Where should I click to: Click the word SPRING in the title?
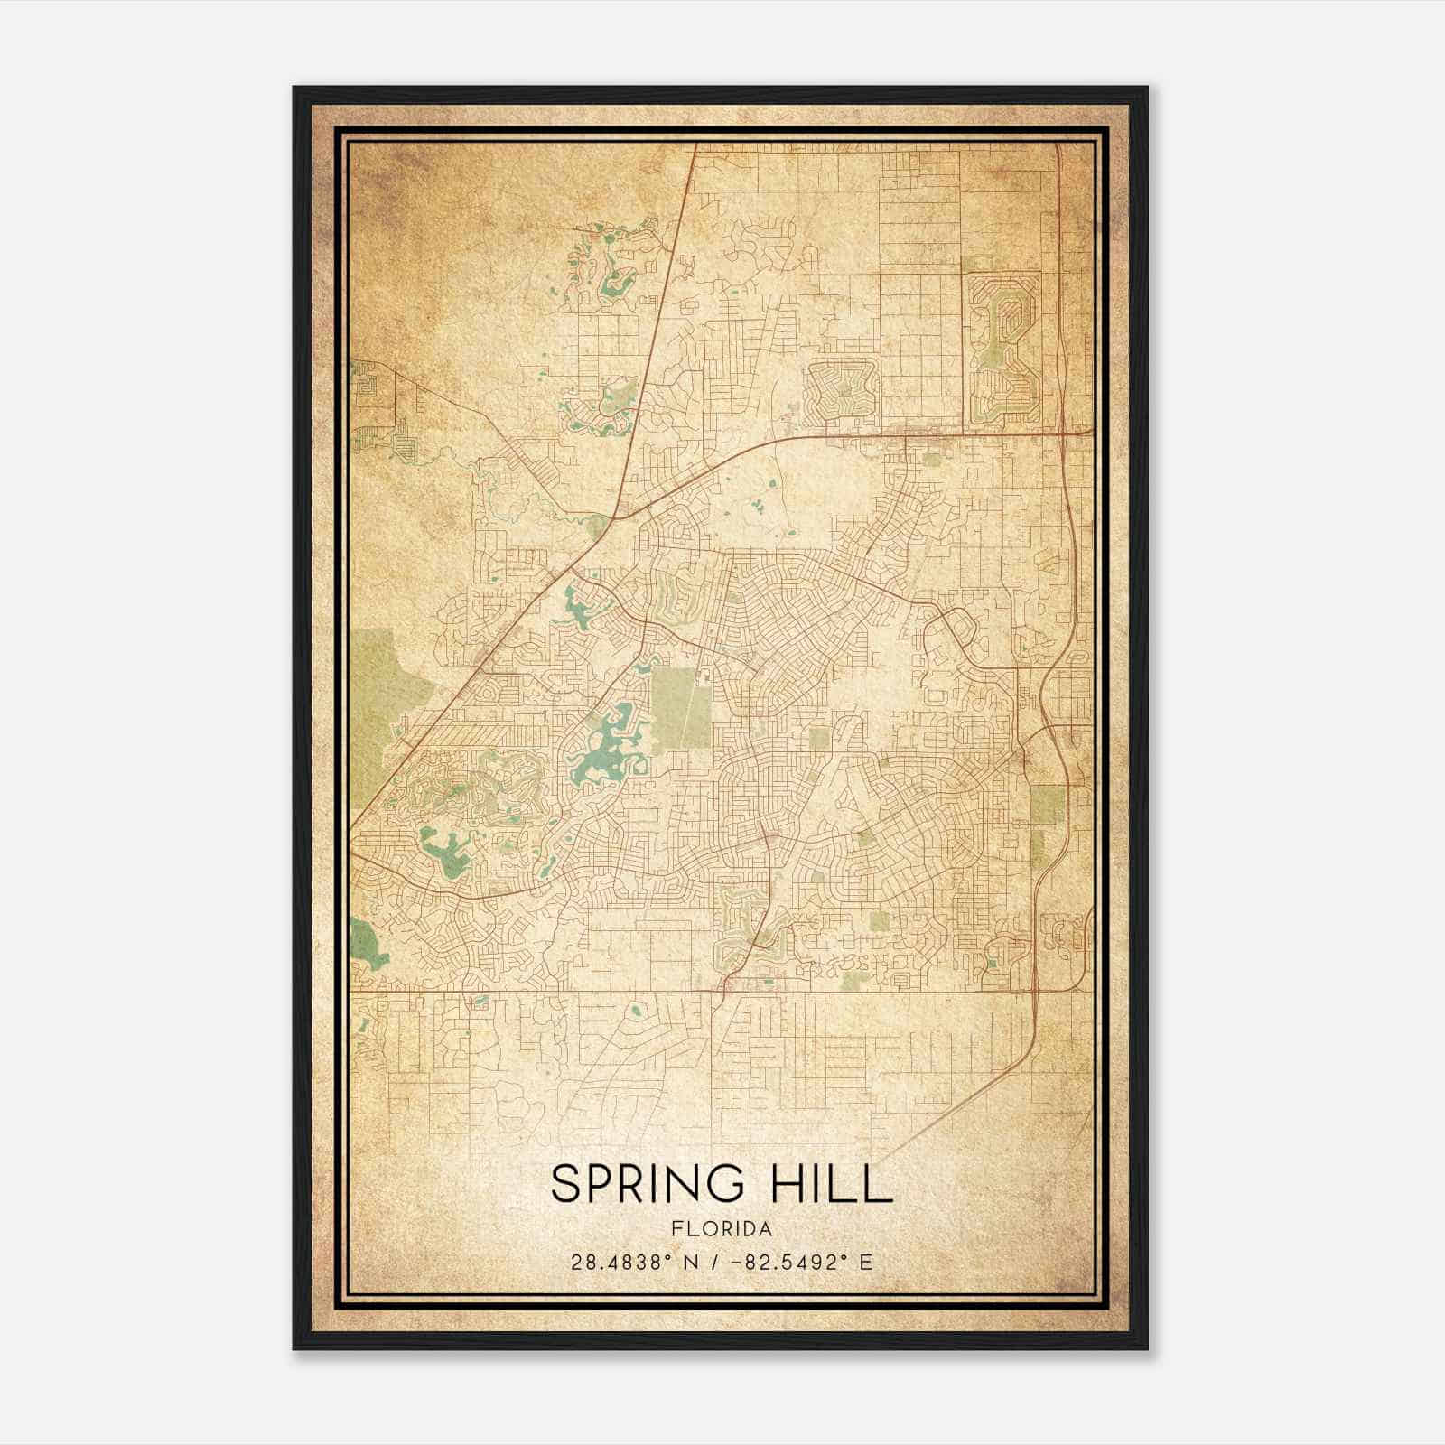tap(646, 1184)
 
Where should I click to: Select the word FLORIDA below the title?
tap(722, 1229)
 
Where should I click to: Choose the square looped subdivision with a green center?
tap(843, 391)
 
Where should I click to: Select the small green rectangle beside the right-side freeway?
tap(1047, 804)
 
